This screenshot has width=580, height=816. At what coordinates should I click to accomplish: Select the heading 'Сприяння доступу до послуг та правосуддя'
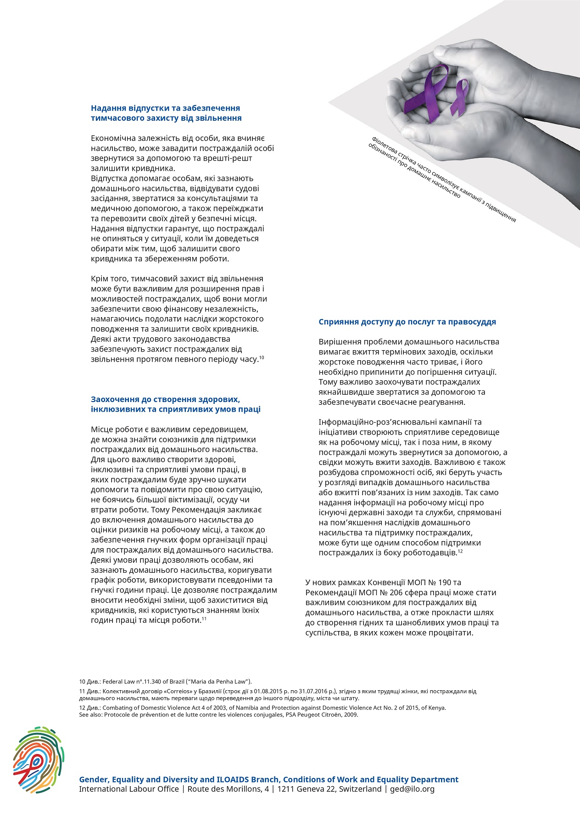coord(407,322)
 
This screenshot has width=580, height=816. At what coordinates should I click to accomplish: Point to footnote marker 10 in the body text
coord(262,358)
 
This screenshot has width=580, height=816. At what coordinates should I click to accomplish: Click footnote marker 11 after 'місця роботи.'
coord(204,619)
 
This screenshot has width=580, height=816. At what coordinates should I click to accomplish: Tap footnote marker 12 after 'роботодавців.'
coord(460,551)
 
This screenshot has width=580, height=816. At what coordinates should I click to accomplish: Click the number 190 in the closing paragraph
coord(445,582)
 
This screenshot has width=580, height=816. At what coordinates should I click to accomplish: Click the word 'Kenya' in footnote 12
coord(437,708)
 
